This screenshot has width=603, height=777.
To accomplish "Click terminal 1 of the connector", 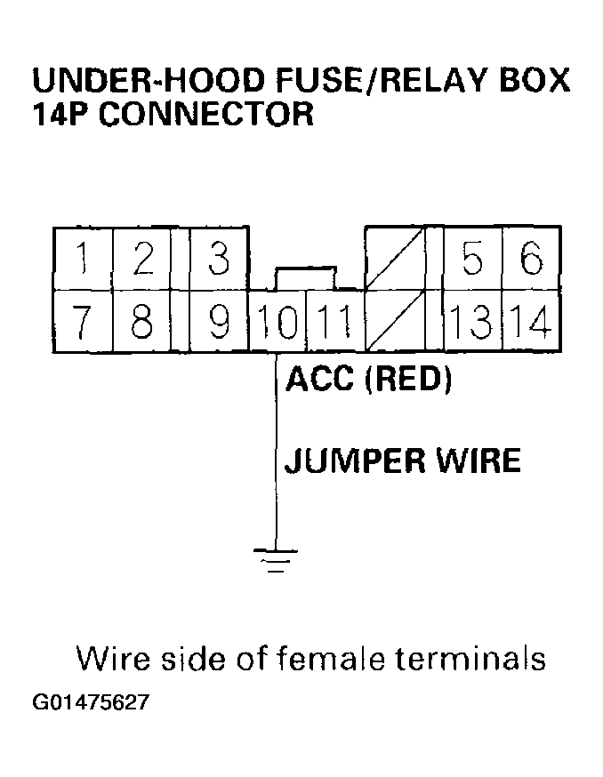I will pos(82,260).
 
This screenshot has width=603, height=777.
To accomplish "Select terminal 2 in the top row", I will pos(141,260).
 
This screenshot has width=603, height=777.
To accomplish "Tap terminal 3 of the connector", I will pos(218,260).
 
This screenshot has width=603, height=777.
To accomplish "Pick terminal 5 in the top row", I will pos(472,260).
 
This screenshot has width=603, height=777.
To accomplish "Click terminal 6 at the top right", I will pos(531,260).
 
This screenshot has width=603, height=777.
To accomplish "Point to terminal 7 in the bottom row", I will pos(82,321).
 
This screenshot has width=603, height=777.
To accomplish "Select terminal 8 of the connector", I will pos(141,321).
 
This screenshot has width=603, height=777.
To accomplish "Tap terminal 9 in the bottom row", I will pos(218,321).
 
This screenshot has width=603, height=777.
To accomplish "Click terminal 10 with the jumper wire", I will pos(277,321).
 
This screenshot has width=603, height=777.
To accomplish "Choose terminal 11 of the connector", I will pos(334,321).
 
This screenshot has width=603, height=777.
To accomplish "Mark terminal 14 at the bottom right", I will pos(532,321).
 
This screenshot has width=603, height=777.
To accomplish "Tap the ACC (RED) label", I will pos(369,380).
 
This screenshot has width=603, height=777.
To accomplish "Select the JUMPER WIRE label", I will pos(402,461).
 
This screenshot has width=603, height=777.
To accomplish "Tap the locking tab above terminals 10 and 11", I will pos(306,276).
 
